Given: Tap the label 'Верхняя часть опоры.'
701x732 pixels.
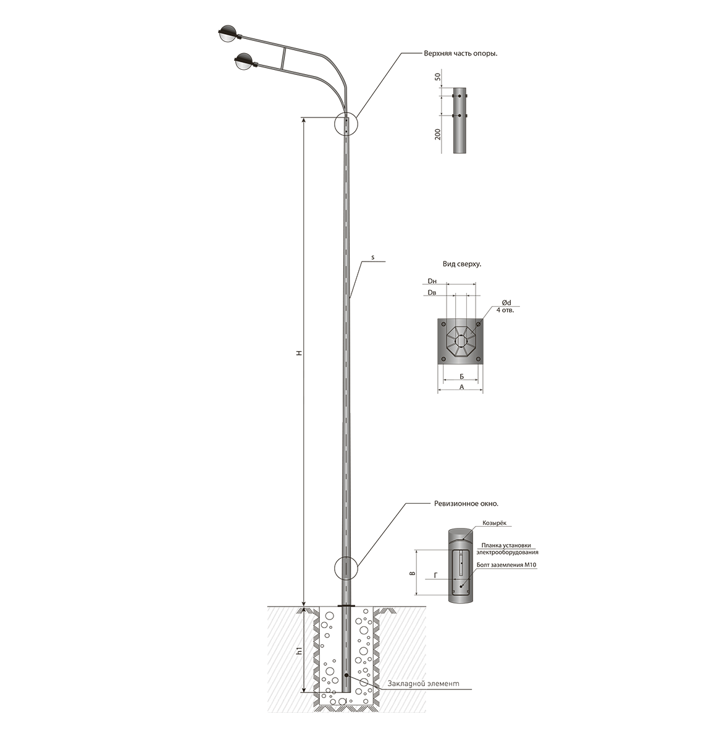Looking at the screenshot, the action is tap(460, 53).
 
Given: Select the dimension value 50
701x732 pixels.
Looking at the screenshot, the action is tap(437, 77).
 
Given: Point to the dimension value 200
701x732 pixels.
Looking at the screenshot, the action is tap(437, 134).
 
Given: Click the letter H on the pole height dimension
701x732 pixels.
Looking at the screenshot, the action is tap(300, 354).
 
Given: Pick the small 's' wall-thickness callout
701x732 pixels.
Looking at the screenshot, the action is tap(372, 257).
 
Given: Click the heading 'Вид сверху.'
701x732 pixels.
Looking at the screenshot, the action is tap(462, 264).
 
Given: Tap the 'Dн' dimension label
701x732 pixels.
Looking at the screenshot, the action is tap(432, 281).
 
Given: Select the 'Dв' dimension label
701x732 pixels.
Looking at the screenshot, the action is tap(432, 292).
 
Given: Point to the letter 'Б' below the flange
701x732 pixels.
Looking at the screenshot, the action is tap(461, 377).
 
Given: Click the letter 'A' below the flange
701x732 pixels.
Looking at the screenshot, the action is tap(462, 387).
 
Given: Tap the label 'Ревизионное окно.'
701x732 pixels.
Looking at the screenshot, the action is tap(466, 504).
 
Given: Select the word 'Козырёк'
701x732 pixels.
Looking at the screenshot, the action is tap(494, 523).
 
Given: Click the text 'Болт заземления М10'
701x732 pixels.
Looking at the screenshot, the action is tap(506, 565).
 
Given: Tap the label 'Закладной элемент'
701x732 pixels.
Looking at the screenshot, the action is tap(424, 683).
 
